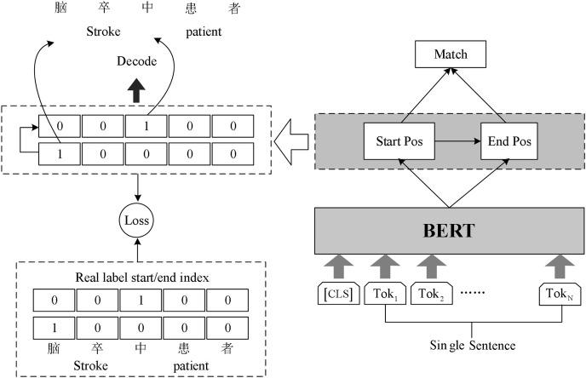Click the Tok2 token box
point(431,295)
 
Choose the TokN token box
point(559,295)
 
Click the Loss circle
point(137,220)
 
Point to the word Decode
point(136,62)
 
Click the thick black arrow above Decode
point(136,86)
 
